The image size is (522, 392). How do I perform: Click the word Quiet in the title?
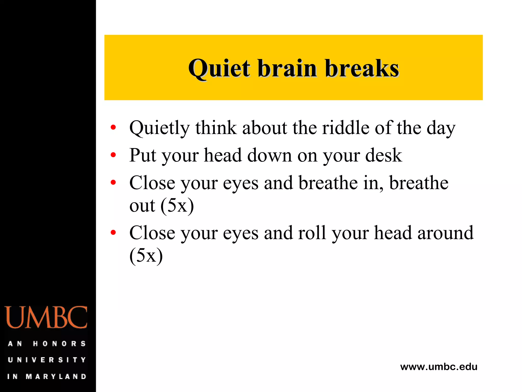pyautogui.click(x=219, y=68)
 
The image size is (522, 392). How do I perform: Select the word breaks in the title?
pyautogui.click(x=362, y=68)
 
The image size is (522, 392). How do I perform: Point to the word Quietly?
pyautogui.click(x=160, y=128)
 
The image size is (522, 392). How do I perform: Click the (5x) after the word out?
pyautogui.click(x=177, y=205)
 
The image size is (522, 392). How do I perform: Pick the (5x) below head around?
pyautogui.click(x=146, y=255)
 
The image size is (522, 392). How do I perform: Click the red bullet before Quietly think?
pyautogui.click(x=113, y=127)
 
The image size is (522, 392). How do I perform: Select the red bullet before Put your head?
pyautogui.click(x=113, y=155)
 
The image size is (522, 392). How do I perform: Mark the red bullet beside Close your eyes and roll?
pyautogui.click(x=113, y=232)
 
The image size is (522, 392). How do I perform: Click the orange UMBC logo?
pyautogui.click(x=46, y=317)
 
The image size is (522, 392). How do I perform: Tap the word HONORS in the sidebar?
pyautogui.click(x=59, y=344)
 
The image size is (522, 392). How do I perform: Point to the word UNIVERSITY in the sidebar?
pyautogui.click(x=47, y=360)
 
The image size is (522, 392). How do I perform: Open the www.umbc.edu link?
pyautogui.click(x=439, y=367)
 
